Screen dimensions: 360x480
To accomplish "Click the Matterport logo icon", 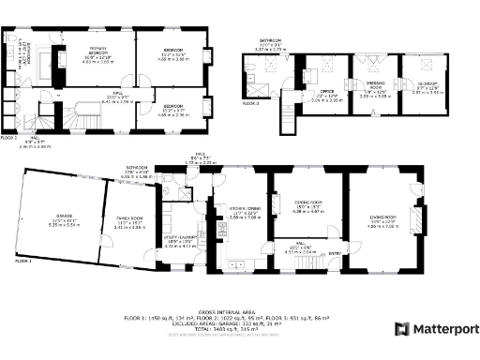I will click(x=401, y=329).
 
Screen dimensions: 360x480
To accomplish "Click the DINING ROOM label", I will click(x=309, y=205).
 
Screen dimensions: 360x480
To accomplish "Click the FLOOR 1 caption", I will click(x=22, y=261).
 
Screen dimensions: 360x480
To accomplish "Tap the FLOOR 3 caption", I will click(x=250, y=103).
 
